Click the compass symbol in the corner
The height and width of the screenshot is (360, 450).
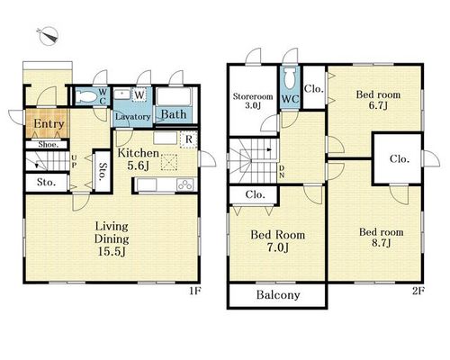point(48,36)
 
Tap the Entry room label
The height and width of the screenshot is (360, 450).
point(49,124)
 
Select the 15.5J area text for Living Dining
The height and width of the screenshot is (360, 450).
point(112,252)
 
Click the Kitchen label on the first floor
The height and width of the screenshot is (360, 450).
point(138,153)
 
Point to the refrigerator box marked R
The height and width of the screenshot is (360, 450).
point(189,139)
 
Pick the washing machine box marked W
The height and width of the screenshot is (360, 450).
point(139,95)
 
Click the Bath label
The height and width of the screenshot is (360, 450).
point(174,114)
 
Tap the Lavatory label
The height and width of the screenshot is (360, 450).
point(133,116)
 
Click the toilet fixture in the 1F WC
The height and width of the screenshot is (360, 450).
point(86,96)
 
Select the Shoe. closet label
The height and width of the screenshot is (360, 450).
point(48,145)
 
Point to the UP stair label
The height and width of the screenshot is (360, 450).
point(74,161)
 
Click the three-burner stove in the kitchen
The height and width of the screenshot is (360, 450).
point(185,184)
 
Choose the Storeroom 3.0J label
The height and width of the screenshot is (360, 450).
point(253,101)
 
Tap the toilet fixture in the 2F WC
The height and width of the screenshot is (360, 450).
point(290,78)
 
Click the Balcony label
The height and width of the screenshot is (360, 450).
point(278,295)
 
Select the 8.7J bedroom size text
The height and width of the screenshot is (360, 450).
point(381,243)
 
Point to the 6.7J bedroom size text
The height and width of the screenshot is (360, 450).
point(378,105)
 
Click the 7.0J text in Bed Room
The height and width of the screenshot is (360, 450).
point(278,247)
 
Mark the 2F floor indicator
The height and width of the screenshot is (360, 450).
point(418,291)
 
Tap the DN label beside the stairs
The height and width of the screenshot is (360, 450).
point(282,172)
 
